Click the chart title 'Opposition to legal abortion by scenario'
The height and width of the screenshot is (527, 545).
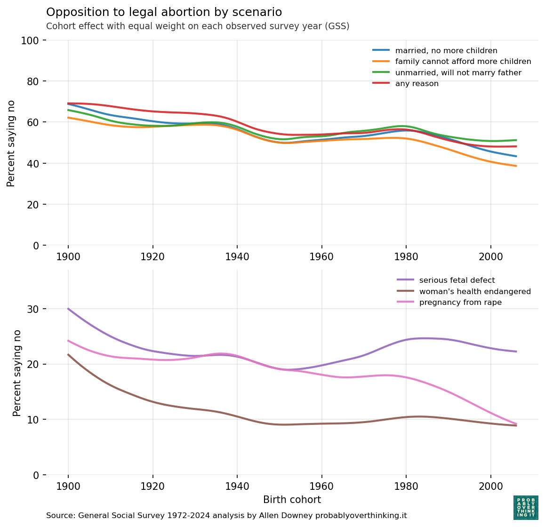click(164, 12)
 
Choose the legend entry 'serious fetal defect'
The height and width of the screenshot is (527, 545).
click(457, 280)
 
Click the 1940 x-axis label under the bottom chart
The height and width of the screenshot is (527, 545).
click(237, 486)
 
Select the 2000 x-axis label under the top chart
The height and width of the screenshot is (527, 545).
click(490, 257)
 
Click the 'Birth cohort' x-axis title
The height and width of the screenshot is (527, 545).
click(292, 500)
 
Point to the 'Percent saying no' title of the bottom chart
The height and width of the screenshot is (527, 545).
click(17, 373)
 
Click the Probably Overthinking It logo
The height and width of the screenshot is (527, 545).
click(526, 508)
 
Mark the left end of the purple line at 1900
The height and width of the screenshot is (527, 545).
click(69, 309)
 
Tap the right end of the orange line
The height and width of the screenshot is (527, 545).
click(516, 166)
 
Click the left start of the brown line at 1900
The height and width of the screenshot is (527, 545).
click(69, 355)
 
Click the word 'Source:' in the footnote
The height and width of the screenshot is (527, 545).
click(60, 516)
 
